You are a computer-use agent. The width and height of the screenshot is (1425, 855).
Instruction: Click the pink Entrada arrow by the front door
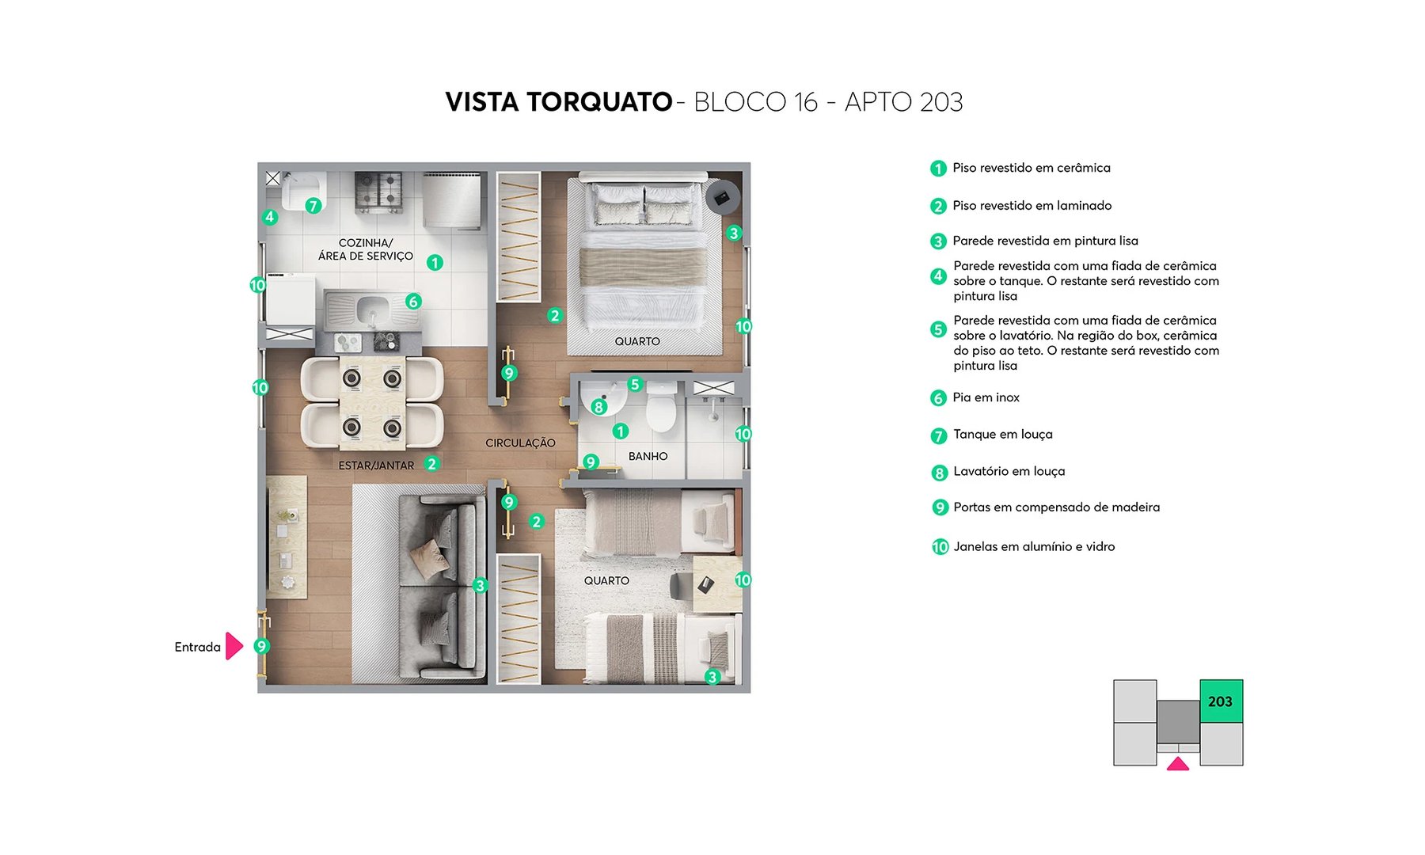(234, 646)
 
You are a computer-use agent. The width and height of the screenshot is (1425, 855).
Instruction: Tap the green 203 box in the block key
(1221, 701)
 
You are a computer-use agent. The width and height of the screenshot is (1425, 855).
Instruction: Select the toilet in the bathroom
(660, 407)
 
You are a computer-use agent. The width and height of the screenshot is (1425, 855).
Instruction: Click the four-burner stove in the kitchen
(378, 191)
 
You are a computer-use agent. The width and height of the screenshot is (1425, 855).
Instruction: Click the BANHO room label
(648, 457)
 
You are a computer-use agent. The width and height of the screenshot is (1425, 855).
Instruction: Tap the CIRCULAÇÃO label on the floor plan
(520, 443)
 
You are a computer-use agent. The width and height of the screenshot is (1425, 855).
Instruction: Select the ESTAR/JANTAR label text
(376, 465)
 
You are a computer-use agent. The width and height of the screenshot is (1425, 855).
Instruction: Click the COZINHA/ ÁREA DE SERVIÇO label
(366, 249)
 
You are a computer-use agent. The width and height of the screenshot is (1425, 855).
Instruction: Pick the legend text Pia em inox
(986, 397)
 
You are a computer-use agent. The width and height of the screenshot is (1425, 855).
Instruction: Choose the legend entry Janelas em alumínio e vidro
(1034, 547)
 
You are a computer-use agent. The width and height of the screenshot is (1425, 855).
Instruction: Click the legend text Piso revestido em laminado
(1032, 206)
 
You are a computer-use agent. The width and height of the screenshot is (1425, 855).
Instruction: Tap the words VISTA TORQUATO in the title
(559, 102)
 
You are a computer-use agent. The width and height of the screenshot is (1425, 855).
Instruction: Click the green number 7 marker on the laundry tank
(313, 206)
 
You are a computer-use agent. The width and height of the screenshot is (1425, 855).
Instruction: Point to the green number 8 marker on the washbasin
(598, 407)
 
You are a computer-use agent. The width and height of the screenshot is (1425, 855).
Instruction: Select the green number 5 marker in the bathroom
(635, 385)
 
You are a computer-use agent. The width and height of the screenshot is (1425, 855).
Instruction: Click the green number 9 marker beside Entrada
(261, 646)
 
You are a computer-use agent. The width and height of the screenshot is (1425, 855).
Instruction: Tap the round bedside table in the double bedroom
(722, 198)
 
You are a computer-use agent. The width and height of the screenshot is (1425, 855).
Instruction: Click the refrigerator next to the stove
(451, 199)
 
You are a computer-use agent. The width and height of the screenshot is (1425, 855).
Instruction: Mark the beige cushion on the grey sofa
(430, 557)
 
